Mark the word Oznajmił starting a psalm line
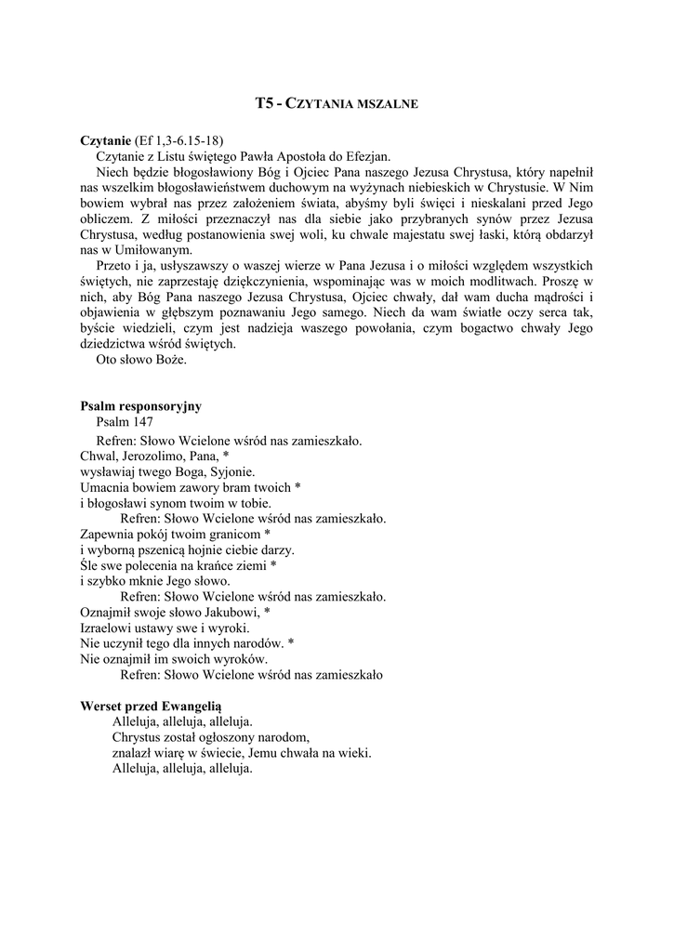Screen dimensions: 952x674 (x=109, y=613)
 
